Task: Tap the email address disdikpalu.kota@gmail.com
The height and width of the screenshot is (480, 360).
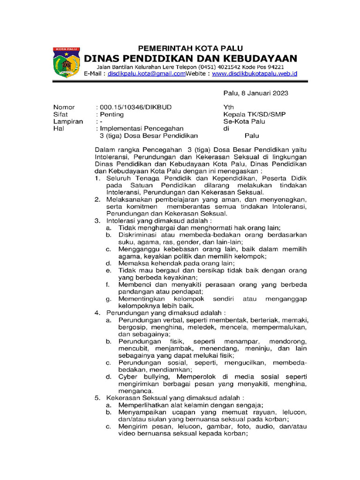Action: click(147, 74)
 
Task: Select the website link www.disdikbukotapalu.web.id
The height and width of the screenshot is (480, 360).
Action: click(254, 74)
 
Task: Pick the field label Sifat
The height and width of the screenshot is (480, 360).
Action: click(60, 114)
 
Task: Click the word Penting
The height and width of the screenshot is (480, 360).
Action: click(111, 114)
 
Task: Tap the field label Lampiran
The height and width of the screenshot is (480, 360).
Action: click(68, 121)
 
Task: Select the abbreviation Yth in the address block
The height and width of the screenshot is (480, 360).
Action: click(229, 107)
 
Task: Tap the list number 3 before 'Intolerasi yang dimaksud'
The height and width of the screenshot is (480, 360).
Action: click(97, 220)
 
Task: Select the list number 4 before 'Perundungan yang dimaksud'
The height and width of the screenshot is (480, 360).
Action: click(97, 312)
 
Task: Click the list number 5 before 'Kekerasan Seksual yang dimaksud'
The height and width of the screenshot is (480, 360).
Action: click(97, 398)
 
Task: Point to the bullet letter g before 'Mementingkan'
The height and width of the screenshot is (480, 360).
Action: click(108, 299)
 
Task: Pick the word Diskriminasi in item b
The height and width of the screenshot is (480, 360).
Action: click(138, 234)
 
